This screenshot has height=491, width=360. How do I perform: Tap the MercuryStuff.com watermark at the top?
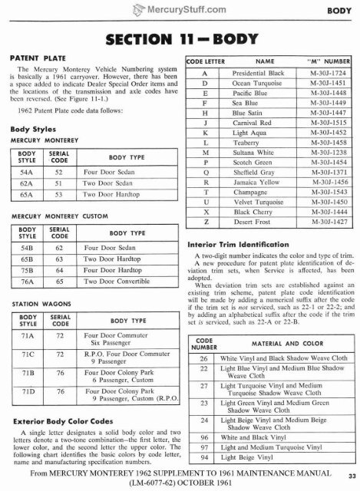point(179,8)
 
